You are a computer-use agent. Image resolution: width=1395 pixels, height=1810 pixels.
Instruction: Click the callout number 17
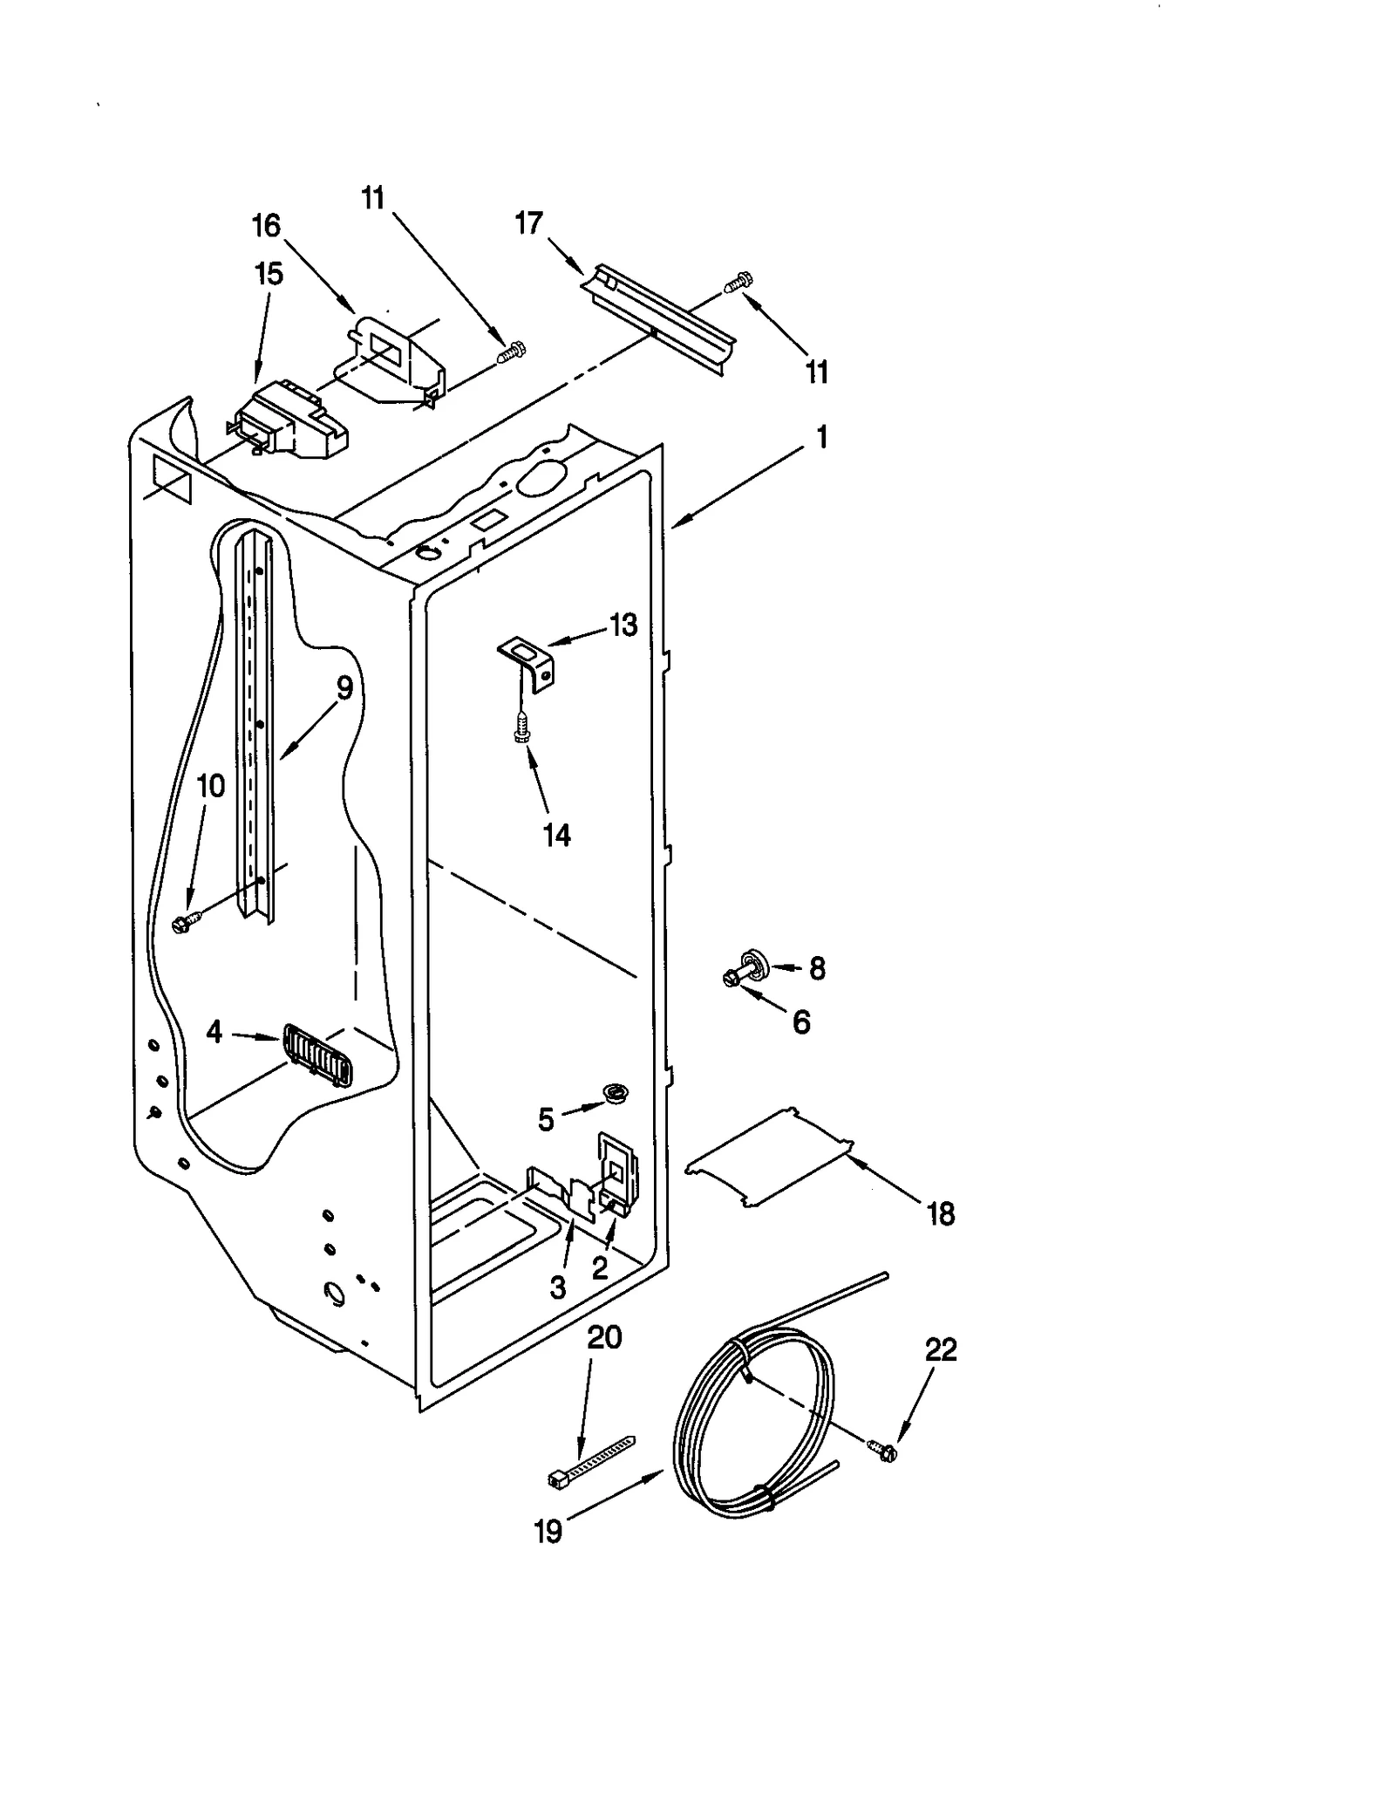[528, 223]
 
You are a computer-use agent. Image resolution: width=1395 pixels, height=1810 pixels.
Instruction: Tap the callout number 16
[266, 226]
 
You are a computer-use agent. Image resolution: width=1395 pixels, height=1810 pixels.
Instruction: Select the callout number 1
[820, 436]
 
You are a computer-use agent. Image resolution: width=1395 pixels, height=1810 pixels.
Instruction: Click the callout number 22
[941, 1349]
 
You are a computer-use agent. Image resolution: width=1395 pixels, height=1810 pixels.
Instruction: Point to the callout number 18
[941, 1213]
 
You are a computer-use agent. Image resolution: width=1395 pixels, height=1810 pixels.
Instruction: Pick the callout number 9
[344, 688]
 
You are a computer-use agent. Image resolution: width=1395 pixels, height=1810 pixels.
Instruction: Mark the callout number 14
[556, 835]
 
